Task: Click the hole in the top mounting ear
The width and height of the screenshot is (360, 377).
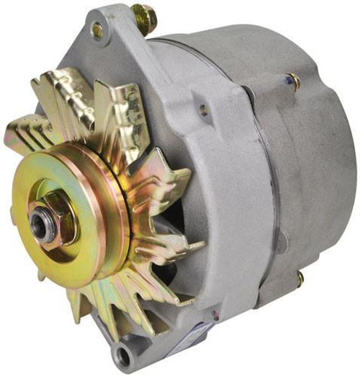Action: click(96, 30)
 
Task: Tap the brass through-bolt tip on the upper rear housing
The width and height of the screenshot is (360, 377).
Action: click(294, 81)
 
